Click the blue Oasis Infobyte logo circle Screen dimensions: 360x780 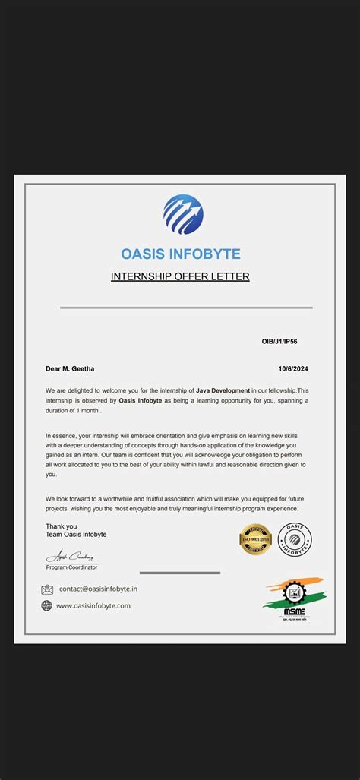[183, 214]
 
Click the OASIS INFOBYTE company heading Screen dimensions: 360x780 [181, 254]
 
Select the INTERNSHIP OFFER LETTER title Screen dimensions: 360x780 [180, 276]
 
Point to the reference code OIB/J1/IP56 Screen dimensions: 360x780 [279, 342]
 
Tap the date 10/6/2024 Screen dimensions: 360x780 [293, 369]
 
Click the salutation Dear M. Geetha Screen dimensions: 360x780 [70, 369]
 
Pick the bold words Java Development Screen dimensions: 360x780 [223, 390]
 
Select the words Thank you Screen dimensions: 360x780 [61, 526]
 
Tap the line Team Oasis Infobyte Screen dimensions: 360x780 [76, 535]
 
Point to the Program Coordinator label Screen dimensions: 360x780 [71, 567]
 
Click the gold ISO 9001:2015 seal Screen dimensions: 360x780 [255, 539]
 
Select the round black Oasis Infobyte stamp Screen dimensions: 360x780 [295, 538]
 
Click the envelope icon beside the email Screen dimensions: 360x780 [47, 589]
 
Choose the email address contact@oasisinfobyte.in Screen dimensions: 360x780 [99, 589]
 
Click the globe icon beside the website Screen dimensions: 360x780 [47, 605]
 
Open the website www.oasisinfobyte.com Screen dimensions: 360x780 [93, 605]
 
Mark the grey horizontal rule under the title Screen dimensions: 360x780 [186, 308]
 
